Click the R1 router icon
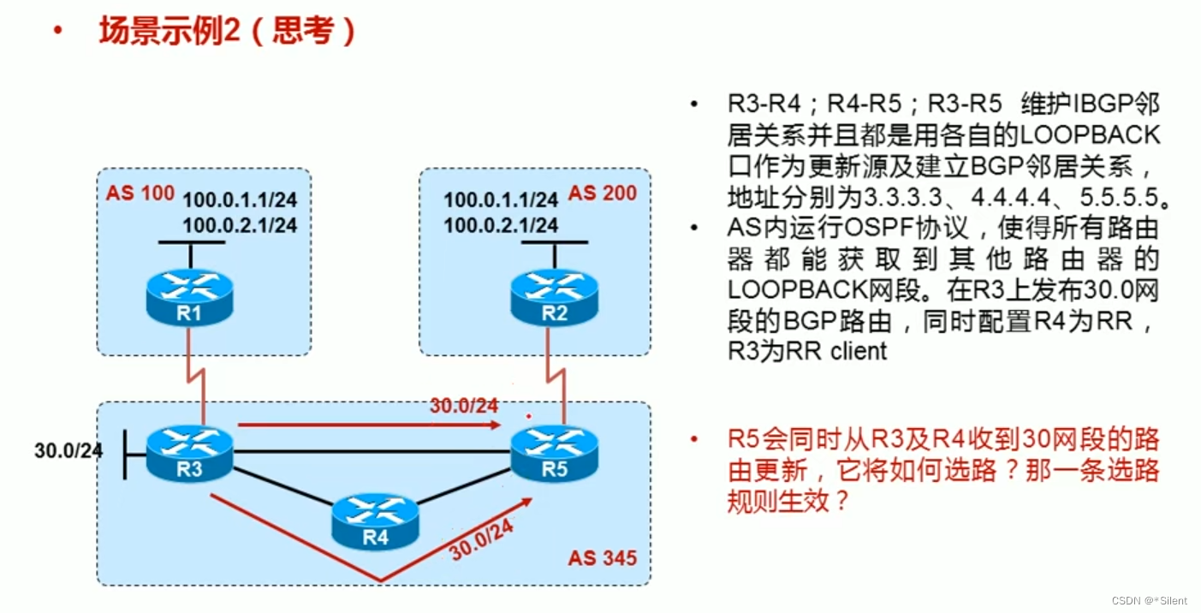[x=189, y=296]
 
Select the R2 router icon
[x=554, y=296]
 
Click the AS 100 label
[x=140, y=192]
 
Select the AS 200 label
[x=603, y=193]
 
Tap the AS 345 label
[x=603, y=559]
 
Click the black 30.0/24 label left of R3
[x=68, y=450]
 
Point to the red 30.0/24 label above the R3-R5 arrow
[x=463, y=406]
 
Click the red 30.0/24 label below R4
[x=481, y=541]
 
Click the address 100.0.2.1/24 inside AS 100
[x=240, y=225]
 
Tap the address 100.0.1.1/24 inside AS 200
[x=501, y=200]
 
